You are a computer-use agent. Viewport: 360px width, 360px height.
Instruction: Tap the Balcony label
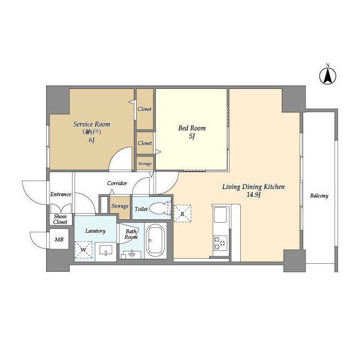pos(319,196)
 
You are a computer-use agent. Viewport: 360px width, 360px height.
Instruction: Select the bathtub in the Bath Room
pos(155,240)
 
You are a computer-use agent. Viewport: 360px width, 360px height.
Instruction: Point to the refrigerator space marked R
pos(182,214)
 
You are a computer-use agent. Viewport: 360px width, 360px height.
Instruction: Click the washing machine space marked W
pos(83,250)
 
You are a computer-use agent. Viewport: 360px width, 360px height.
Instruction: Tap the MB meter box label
pos(59,240)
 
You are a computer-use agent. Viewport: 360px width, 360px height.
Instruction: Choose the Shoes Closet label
pos(60,219)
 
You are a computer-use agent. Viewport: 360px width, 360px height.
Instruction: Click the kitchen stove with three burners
pos(220,243)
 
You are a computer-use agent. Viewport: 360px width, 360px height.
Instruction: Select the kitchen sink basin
pos(220,214)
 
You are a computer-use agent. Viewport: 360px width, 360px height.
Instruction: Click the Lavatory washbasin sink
pos(106,250)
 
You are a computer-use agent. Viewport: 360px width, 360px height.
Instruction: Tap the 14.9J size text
pos(253,195)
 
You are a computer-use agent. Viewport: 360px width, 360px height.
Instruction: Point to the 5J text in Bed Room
pos(192,136)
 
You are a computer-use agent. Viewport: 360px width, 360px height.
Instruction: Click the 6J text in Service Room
pos(92,140)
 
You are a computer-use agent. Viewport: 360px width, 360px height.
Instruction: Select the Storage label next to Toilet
pos(120,206)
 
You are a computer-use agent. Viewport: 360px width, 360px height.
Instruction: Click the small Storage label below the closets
pos(145,164)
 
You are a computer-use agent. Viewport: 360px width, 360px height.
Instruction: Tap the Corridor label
pos(117,183)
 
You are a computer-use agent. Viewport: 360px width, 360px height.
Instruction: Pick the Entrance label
pos(61,194)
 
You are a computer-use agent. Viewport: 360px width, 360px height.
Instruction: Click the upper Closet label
pos(145,109)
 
